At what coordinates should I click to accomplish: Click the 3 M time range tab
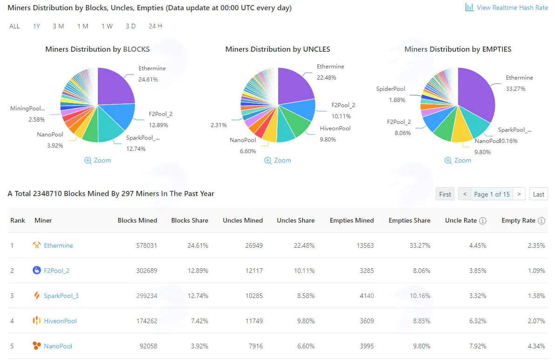click(58, 26)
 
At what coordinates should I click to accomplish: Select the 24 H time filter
click(155, 26)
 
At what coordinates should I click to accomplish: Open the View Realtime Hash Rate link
click(507, 7)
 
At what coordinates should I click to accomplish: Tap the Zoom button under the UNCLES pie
click(278, 160)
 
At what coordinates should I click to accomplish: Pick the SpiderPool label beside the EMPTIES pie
click(391, 89)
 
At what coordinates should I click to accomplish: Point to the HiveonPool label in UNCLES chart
click(335, 129)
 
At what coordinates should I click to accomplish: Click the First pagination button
click(445, 194)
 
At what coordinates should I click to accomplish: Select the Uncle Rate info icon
click(483, 221)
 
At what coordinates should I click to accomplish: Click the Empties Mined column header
click(352, 220)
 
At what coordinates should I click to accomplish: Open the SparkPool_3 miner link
click(61, 296)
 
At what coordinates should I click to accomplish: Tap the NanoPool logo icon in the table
click(36, 346)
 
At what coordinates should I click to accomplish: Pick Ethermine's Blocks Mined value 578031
click(146, 245)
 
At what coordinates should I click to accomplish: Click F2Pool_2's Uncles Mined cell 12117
click(254, 271)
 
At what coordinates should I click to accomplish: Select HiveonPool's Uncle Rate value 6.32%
click(478, 321)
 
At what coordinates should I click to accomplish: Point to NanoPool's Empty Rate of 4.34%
click(536, 346)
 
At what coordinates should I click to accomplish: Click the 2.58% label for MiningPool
click(37, 120)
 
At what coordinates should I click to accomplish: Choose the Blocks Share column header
click(190, 220)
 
